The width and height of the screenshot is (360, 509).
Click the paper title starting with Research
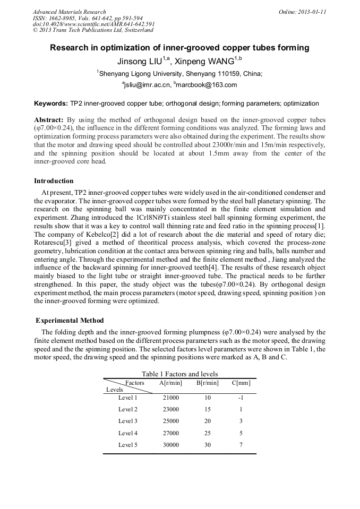click(179, 48)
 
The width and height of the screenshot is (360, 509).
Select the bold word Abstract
click(49, 120)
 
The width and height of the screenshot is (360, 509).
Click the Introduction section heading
click(54, 181)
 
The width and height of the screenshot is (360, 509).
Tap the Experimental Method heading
click(70, 321)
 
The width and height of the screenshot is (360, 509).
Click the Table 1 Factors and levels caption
click(179, 374)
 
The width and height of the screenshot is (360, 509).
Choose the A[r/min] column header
click(170, 383)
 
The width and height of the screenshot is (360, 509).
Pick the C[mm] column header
click(241, 383)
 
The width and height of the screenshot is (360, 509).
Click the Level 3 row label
click(128, 421)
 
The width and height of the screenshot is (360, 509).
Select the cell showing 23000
click(170, 409)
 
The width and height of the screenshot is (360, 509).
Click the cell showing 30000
click(170, 445)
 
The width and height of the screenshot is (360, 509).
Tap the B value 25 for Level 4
click(208, 433)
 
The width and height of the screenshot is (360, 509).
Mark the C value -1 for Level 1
click(241, 398)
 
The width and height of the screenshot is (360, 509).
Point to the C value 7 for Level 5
click(241, 445)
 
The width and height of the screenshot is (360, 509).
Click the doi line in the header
click(93, 24)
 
